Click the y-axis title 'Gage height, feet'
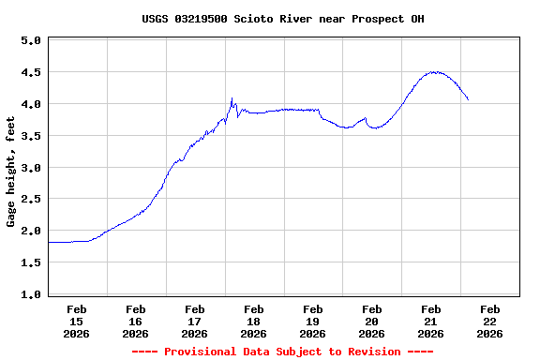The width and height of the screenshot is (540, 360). tap(11, 172)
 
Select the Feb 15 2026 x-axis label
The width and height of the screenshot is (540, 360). tap(77, 321)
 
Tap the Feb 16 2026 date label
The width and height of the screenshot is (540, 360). tap(136, 321)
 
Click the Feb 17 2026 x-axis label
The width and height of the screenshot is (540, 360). tap(195, 321)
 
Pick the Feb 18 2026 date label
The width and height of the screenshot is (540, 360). tap(253, 321)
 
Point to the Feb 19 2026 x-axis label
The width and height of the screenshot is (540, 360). tap(313, 321)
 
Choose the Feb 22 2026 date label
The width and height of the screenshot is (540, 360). tap(489, 321)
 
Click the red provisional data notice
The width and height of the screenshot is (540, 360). tap(282, 352)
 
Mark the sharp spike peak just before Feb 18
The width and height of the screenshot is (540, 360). tap(232, 97)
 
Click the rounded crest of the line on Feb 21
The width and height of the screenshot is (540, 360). tap(433, 71)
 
